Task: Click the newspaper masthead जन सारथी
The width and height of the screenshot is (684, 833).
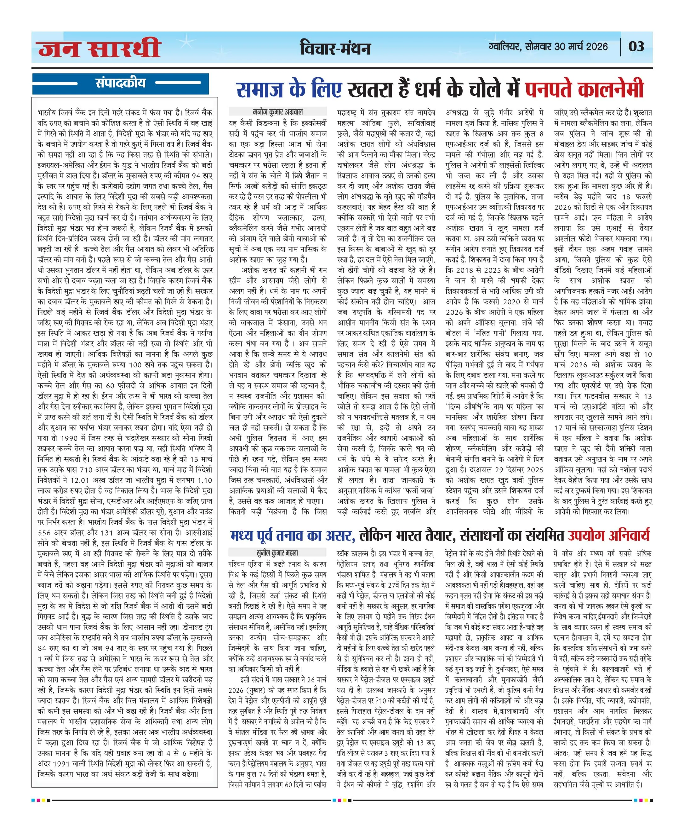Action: click(99, 48)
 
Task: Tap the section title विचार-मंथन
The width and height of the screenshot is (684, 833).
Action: click(335, 48)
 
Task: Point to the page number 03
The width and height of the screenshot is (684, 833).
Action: click(636, 47)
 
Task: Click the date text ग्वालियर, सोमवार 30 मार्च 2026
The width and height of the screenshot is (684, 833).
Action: click(548, 47)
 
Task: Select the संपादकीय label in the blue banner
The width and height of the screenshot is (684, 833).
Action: click(120, 83)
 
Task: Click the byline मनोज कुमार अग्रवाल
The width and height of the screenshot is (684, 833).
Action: click(278, 112)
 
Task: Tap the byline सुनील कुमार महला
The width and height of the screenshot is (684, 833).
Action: click(277, 553)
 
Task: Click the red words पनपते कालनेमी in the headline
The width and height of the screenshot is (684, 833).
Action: click(584, 89)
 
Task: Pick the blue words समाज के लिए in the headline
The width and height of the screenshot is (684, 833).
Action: click(289, 89)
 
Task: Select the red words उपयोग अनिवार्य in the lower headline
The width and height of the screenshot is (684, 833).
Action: click(608, 535)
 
